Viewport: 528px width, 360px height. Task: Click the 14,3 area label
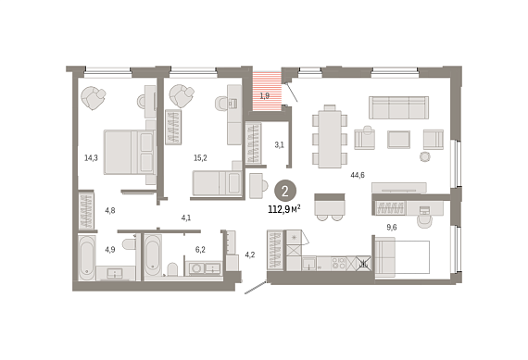[x=91, y=157]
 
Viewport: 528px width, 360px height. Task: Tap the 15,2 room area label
[x=200, y=157]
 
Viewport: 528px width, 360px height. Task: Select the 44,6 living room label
[x=358, y=175]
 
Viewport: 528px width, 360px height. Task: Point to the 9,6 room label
[x=392, y=228]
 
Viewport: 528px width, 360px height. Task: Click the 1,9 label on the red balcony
[x=265, y=96]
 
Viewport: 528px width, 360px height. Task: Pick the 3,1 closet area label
[x=279, y=145]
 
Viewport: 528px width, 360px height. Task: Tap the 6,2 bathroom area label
[x=200, y=250]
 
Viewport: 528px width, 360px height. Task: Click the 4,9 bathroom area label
[x=110, y=250]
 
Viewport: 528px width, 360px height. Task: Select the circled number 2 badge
[x=285, y=192]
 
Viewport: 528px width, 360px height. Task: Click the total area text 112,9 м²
[x=284, y=209]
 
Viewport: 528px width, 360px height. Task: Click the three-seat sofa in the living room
[x=398, y=107]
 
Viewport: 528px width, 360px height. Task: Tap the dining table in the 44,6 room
[x=330, y=139]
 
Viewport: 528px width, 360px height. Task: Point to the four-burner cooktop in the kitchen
[x=338, y=263]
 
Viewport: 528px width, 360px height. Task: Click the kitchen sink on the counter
[x=308, y=263]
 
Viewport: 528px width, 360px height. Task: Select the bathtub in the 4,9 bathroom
[x=87, y=257]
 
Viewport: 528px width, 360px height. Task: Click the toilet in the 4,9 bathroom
[x=129, y=243]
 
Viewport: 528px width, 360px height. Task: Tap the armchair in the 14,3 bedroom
[x=94, y=97]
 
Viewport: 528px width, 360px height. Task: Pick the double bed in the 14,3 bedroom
[x=129, y=153]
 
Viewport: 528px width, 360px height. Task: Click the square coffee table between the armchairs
[x=398, y=140]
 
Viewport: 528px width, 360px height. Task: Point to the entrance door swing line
[x=256, y=288]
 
